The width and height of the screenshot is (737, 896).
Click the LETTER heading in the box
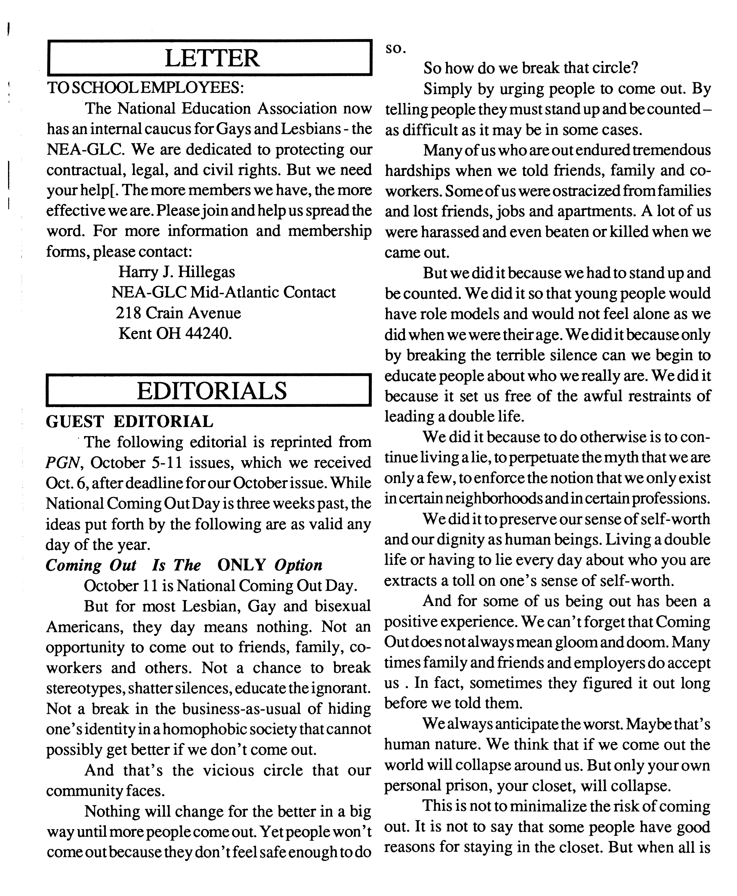(211, 58)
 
